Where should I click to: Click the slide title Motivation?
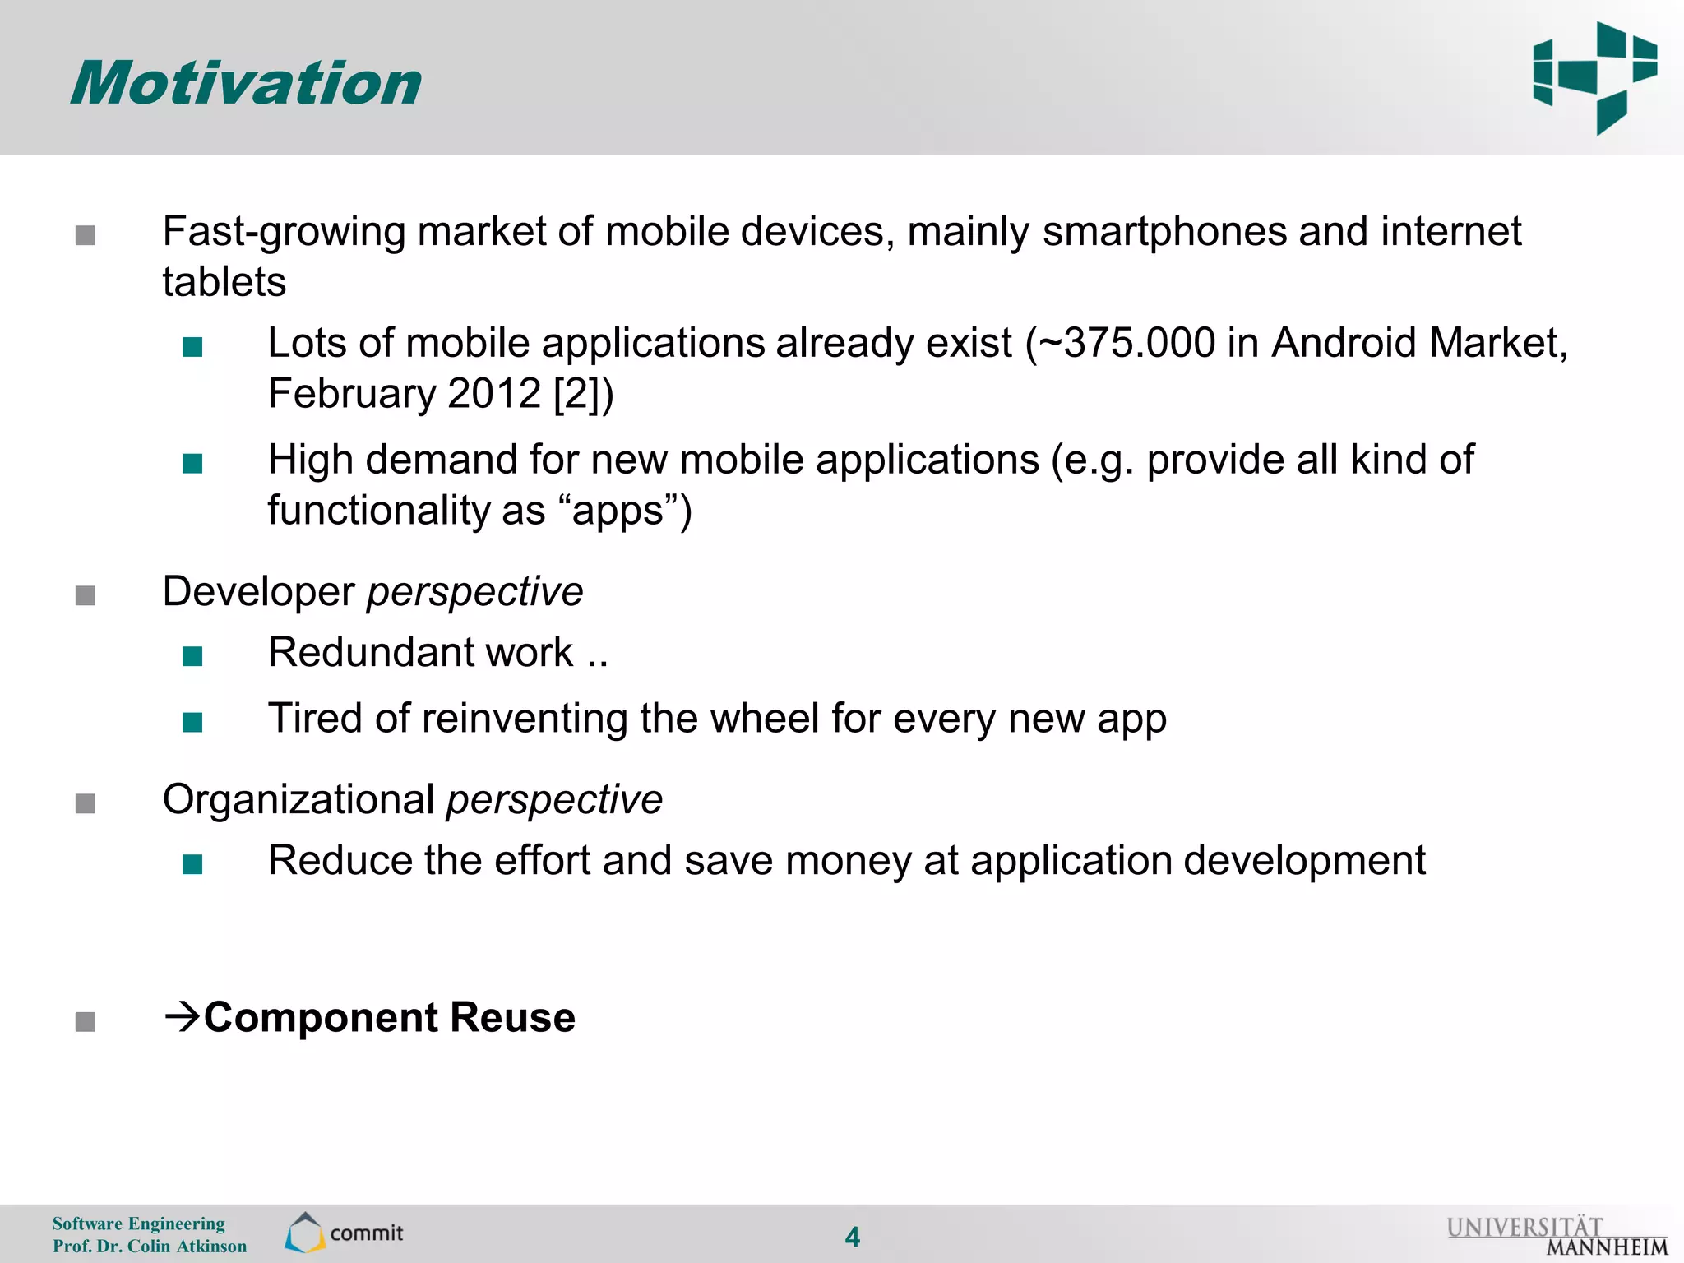coord(246,84)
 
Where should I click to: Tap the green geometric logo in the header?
coord(1594,78)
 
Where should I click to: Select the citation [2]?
coord(579,394)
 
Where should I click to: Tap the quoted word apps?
coord(618,511)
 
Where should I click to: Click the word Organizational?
coord(298,800)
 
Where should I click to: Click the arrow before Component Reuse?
coord(182,1017)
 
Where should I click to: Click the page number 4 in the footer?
coord(853,1237)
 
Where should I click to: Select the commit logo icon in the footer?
coord(305,1233)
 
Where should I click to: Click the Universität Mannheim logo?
coord(1557,1236)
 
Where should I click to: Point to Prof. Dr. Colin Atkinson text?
coord(150,1247)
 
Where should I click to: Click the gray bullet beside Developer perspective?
coord(86,595)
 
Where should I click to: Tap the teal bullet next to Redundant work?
coord(192,656)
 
